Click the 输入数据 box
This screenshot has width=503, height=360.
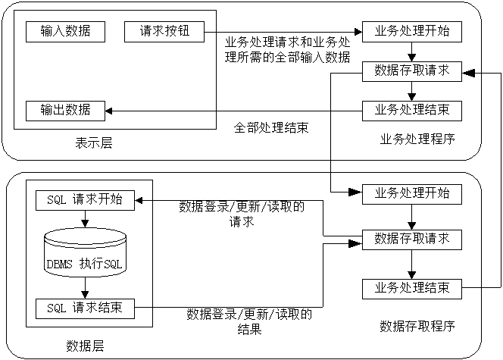[64, 32]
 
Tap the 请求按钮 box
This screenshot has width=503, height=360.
[164, 32]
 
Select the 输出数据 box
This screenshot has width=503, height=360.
[64, 110]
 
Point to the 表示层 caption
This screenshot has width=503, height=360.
[94, 142]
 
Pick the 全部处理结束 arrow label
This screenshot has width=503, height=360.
[271, 127]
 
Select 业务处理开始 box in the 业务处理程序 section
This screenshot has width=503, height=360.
[411, 32]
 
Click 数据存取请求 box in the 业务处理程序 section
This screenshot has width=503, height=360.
[411, 71]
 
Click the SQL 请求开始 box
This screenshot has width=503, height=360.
[85, 201]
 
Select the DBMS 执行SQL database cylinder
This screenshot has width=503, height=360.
[85, 257]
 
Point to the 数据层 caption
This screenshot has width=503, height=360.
[85, 346]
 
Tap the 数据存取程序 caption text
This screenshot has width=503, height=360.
[417, 327]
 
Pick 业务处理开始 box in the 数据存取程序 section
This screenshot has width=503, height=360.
[411, 193]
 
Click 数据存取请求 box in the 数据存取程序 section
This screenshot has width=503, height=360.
[411, 239]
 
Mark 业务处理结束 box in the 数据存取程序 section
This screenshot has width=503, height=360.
[411, 288]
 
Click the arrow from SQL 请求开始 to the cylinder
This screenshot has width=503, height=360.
[85, 219]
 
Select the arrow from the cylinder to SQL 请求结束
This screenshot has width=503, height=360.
[85, 289]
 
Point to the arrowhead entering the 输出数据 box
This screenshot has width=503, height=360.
[108, 111]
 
